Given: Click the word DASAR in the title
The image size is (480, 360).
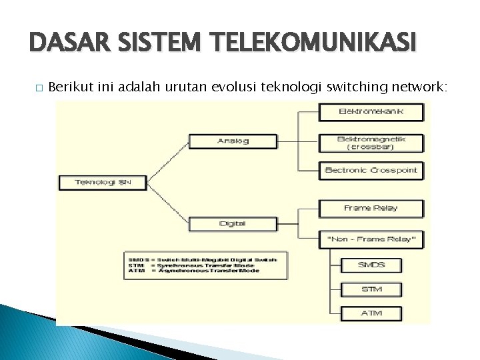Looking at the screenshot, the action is pos(59,45).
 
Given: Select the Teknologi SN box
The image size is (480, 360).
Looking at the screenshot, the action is pos(103,182).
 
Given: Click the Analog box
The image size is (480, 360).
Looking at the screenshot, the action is pos(233,141).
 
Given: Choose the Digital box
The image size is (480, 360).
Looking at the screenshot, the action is pos(233,223).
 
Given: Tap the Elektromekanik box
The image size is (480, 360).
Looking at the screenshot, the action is pos(371,111).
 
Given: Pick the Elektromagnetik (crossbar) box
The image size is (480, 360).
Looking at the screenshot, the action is pos(371,142).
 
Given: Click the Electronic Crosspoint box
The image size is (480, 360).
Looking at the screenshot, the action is pos(371,171).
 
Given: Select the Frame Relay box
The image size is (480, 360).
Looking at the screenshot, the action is pos(371,208).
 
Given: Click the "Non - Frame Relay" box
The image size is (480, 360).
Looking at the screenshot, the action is pos(371,239).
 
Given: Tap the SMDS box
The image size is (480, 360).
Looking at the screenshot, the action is pos(371,265).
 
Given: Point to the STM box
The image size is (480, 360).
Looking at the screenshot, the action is pos(371,289).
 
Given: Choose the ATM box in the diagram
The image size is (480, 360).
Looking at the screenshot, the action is pos(371,313).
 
